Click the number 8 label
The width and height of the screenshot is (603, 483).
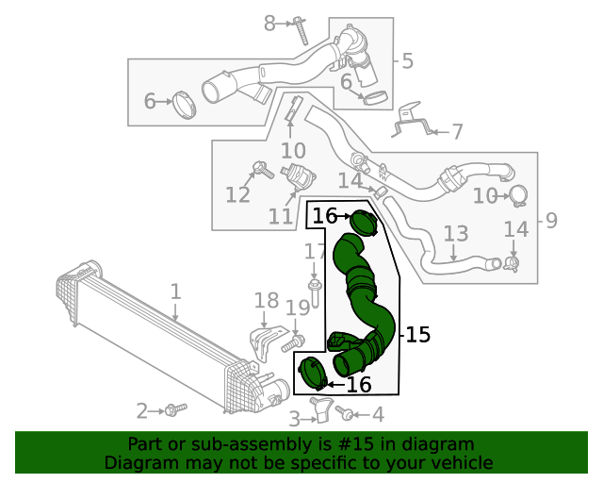(x=270, y=24)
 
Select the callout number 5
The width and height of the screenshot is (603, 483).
(x=407, y=62)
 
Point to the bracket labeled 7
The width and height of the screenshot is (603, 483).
(x=412, y=120)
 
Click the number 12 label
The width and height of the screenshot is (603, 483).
(x=237, y=194)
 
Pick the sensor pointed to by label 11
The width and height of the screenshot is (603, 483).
(x=301, y=176)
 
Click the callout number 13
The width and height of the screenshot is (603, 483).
(x=455, y=233)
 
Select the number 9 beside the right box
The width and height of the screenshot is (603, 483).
(x=551, y=221)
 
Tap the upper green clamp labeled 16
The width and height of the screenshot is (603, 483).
(x=365, y=224)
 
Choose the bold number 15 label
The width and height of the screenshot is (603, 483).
(x=418, y=334)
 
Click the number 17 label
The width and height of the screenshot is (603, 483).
(x=314, y=252)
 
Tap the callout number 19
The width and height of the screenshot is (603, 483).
(x=298, y=308)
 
